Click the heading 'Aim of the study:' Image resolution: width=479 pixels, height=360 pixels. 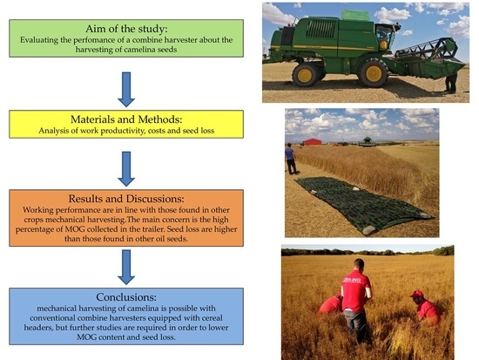126,29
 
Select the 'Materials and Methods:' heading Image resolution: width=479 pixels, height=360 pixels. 126,119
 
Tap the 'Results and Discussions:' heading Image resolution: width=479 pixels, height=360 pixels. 126,199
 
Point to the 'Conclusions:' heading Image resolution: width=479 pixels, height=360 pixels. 126,297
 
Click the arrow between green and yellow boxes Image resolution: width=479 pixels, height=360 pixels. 126,89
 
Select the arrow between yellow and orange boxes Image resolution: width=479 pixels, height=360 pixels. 126,168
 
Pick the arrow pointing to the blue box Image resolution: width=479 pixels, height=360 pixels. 126,267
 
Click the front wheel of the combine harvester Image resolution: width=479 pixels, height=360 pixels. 373,73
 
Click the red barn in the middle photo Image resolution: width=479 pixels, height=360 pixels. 312,142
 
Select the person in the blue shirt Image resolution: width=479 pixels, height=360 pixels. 290,159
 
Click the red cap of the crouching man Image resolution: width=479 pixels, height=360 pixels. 416,294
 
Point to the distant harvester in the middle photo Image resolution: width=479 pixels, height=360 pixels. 368,142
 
